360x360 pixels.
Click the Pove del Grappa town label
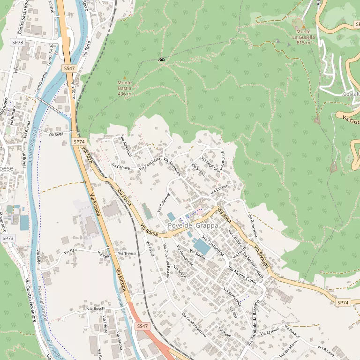click(x=193, y=225)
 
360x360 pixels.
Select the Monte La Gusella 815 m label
click(x=303, y=37)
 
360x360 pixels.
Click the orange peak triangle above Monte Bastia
click(x=124, y=77)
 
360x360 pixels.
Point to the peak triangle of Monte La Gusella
click(x=303, y=26)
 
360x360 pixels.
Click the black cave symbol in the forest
click(x=162, y=60)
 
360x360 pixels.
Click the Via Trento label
click(x=127, y=254)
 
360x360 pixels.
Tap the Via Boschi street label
click(x=96, y=308)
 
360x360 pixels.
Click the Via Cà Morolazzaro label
click(x=194, y=325)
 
